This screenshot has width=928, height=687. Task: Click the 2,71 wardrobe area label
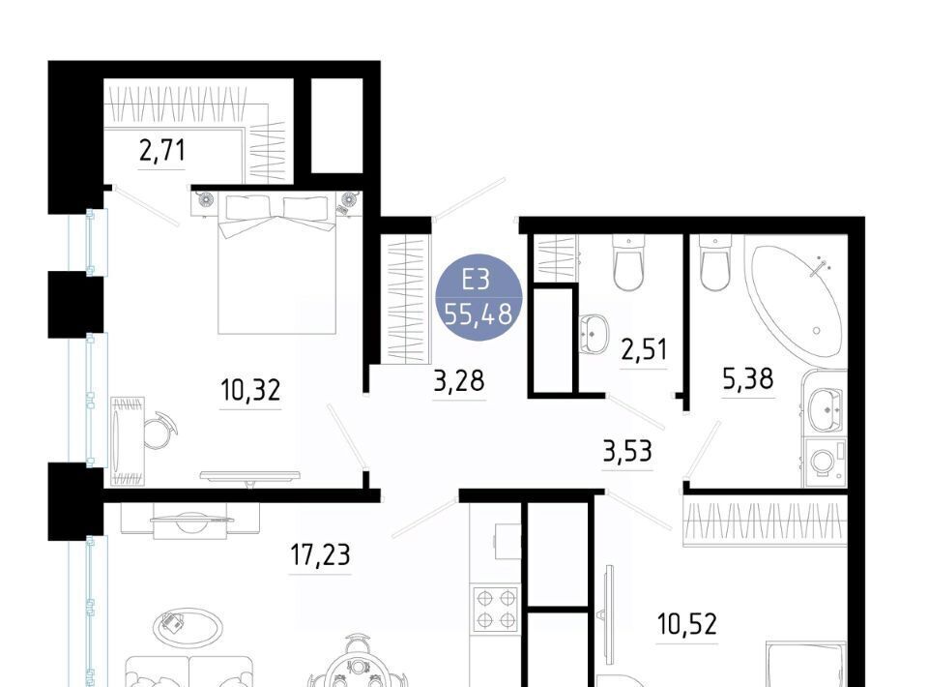(x=162, y=150)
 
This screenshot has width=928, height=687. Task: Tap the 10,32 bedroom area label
(x=250, y=390)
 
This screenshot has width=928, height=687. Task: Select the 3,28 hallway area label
(x=459, y=381)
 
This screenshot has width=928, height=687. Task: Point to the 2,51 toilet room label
(x=644, y=349)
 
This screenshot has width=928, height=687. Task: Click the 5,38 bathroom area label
(x=748, y=378)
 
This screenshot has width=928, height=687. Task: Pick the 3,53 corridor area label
(x=627, y=451)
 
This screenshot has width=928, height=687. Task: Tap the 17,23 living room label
(x=320, y=555)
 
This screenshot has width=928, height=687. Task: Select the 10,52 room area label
(x=687, y=624)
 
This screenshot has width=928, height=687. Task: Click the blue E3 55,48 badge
(x=478, y=297)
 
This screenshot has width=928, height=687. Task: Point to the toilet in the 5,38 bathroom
(x=715, y=262)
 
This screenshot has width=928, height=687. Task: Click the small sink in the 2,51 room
(x=594, y=334)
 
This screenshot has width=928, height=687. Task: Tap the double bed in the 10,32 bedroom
(x=277, y=263)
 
